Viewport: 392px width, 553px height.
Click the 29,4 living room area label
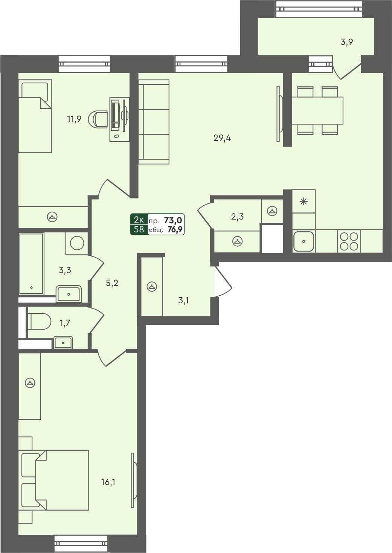(222, 138)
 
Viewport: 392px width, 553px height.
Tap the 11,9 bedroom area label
(74, 120)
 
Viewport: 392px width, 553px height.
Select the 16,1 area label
(108, 482)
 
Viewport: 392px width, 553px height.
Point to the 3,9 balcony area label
(346, 42)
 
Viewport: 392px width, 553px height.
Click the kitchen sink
(304, 241)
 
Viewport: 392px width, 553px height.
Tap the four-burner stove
(349, 241)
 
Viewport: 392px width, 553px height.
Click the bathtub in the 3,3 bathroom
(31, 264)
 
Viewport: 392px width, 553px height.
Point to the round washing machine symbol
(77, 243)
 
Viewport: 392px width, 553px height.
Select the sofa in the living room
(154, 122)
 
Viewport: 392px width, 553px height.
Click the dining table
(317, 111)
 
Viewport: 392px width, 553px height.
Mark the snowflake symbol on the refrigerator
(304, 201)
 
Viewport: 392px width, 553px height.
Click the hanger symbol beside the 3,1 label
(152, 287)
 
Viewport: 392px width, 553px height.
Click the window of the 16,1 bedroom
(81, 544)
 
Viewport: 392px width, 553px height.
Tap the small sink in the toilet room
(63, 343)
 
